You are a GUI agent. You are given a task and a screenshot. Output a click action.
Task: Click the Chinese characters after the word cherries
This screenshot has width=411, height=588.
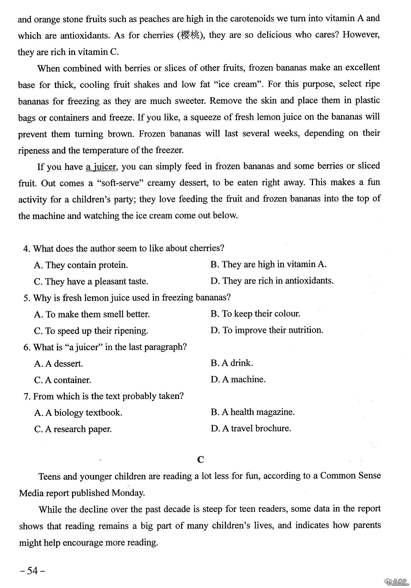click(190, 35)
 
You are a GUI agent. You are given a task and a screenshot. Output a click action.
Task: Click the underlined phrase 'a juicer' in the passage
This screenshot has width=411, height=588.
click(101, 167)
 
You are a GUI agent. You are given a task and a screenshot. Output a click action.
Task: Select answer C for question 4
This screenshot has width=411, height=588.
click(91, 282)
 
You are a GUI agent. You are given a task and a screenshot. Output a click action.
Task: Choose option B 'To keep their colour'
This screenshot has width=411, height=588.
click(255, 314)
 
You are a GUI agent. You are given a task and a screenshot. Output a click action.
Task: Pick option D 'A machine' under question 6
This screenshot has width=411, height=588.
click(238, 379)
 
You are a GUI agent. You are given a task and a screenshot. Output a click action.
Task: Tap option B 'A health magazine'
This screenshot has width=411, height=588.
click(253, 412)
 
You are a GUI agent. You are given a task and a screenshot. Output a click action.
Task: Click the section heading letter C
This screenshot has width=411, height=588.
click(201, 459)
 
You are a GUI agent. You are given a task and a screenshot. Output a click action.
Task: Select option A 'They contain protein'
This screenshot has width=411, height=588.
click(81, 265)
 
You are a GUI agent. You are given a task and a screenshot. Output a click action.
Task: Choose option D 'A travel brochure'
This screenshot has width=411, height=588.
click(251, 428)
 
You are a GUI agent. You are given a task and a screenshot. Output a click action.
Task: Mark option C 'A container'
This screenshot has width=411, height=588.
click(63, 380)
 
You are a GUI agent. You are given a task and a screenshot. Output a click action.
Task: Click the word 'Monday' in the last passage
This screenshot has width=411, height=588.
click(128, 493)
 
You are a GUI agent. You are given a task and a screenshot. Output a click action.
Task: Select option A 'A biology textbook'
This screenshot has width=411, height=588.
click(78, 413)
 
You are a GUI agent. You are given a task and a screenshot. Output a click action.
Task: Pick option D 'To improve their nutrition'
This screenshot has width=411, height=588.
click(267, 330)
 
